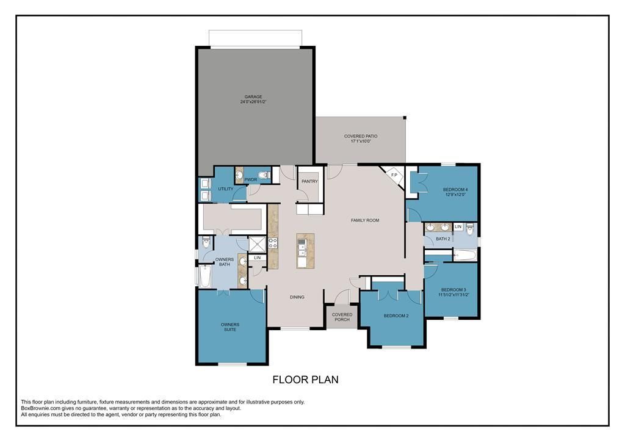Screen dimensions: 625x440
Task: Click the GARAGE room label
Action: tap(253, 96)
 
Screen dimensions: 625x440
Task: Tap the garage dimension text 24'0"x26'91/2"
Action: tap(253, 102)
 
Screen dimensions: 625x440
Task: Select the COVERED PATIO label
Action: tap(361, 136)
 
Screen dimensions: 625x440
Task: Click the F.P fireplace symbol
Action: tap(394, 175)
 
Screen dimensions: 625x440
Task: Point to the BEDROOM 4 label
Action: tap(455, 189)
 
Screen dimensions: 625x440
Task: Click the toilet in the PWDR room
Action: tap(264, 175)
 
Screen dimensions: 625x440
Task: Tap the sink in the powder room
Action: tap(239, 175)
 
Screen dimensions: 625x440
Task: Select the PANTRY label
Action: tap(309, 181)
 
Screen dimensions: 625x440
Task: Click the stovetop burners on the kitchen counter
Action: tap(273, 243)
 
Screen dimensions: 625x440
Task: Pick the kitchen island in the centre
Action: tap(305, 251)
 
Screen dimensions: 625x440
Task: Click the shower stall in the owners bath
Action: tap(257, 244)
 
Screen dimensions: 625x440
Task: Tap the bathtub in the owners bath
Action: tap(205, 276)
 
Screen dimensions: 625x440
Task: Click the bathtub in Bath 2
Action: tap(465, 255)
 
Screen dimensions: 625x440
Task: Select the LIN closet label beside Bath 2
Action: tap(458, 227)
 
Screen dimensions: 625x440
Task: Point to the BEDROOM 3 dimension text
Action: tap(453, 295)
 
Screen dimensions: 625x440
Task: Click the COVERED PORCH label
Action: tap(342, 317)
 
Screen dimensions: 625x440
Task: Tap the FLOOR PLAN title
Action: tap(306, 380)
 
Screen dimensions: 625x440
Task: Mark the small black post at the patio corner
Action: tap(405, 118)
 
